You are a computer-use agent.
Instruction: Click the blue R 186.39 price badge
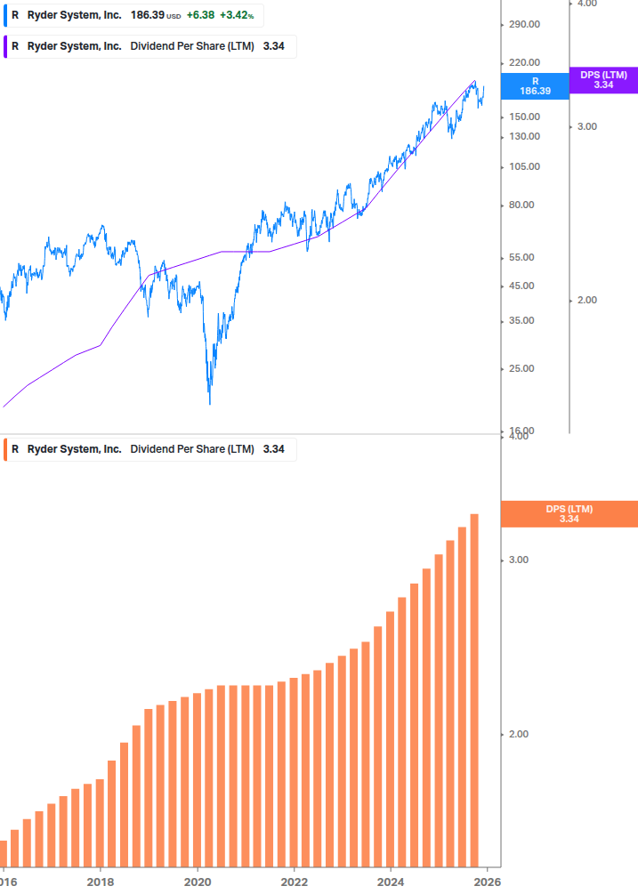pos(535,85)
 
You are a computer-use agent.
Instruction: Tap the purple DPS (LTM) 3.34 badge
pos(603,80)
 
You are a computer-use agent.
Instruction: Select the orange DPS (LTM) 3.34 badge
pos(569,514)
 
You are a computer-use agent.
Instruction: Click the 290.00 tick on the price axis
pos(524,24)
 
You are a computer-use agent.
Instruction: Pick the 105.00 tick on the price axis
pos(524,166)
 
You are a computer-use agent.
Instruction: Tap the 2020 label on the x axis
pos(198,882)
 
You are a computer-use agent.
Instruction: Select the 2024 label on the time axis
pos(390,882)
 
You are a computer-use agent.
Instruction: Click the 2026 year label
pos(486,882)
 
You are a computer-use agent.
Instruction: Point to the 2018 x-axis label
pos(101,882)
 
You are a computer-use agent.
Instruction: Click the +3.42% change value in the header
pos(237,15)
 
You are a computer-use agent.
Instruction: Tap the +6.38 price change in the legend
pos(199,15)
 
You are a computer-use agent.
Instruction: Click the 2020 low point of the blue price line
pos(210,403)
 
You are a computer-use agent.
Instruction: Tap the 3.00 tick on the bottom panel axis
pos(518,560)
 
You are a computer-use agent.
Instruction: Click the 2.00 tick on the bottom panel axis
pos(518,734)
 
